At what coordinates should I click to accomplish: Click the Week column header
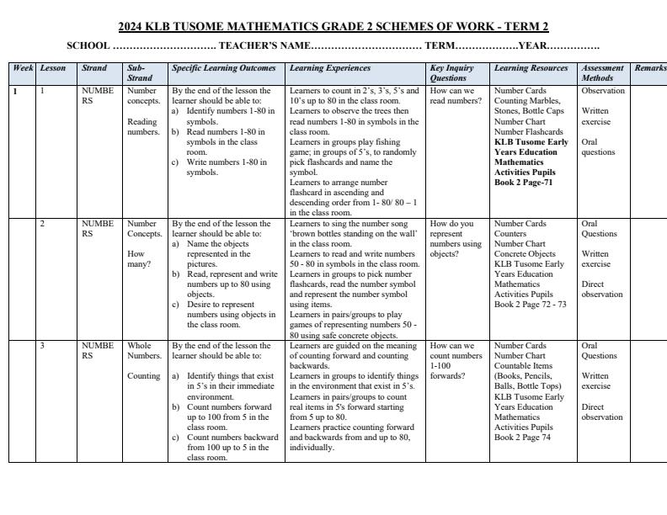point(22,67)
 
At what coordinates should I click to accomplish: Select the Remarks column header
point(649,67)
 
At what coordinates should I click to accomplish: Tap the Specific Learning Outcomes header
point(223,67)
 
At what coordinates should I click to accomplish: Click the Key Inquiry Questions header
point(451,72)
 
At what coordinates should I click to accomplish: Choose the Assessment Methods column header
point(602,72)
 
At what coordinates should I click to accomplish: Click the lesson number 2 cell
point(43,224)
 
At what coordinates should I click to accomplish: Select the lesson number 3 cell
point(43,346)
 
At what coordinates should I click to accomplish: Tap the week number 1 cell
point(16,91)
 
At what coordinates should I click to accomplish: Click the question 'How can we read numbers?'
point(451,96)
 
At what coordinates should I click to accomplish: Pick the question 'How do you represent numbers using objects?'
point(455,238)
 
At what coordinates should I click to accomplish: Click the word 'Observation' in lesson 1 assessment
point(603,91)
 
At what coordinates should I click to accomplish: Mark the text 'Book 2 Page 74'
point(522,438)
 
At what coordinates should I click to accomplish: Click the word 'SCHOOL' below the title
point(88,45)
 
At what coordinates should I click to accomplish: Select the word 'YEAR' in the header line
point(532,45)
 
